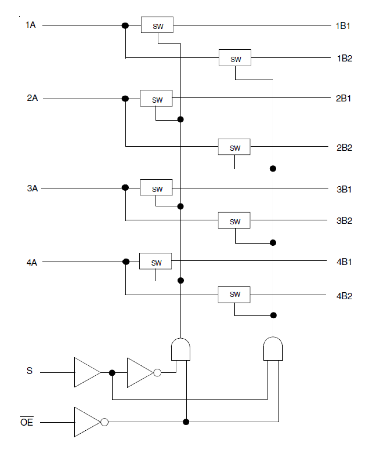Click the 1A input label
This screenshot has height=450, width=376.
[x=31, y=25]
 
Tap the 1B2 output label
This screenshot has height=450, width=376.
[x=344, y=58]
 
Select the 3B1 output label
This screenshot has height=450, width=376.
[x=344, y=189]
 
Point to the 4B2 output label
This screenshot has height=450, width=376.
[x=344, y=296]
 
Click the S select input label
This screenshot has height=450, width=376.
[x=29, y=371]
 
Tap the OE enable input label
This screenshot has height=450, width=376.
[x=27, y=422]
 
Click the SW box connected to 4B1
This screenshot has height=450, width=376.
[x=155, y=261]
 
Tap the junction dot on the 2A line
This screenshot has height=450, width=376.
[x=125, y=98]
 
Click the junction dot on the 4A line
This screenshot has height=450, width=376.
[x=126, y=262]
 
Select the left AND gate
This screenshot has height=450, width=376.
[x=181, y=349]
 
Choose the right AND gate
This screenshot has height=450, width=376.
[x=273, y=349]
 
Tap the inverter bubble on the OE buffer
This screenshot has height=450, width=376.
[x=104, y=422]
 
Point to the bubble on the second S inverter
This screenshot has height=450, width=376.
[x=157, y=373]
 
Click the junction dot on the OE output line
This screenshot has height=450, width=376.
[x=186, y=422]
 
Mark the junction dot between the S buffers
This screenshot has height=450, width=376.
[x=112, y=373]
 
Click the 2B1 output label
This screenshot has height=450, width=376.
[x=343, y=98]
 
